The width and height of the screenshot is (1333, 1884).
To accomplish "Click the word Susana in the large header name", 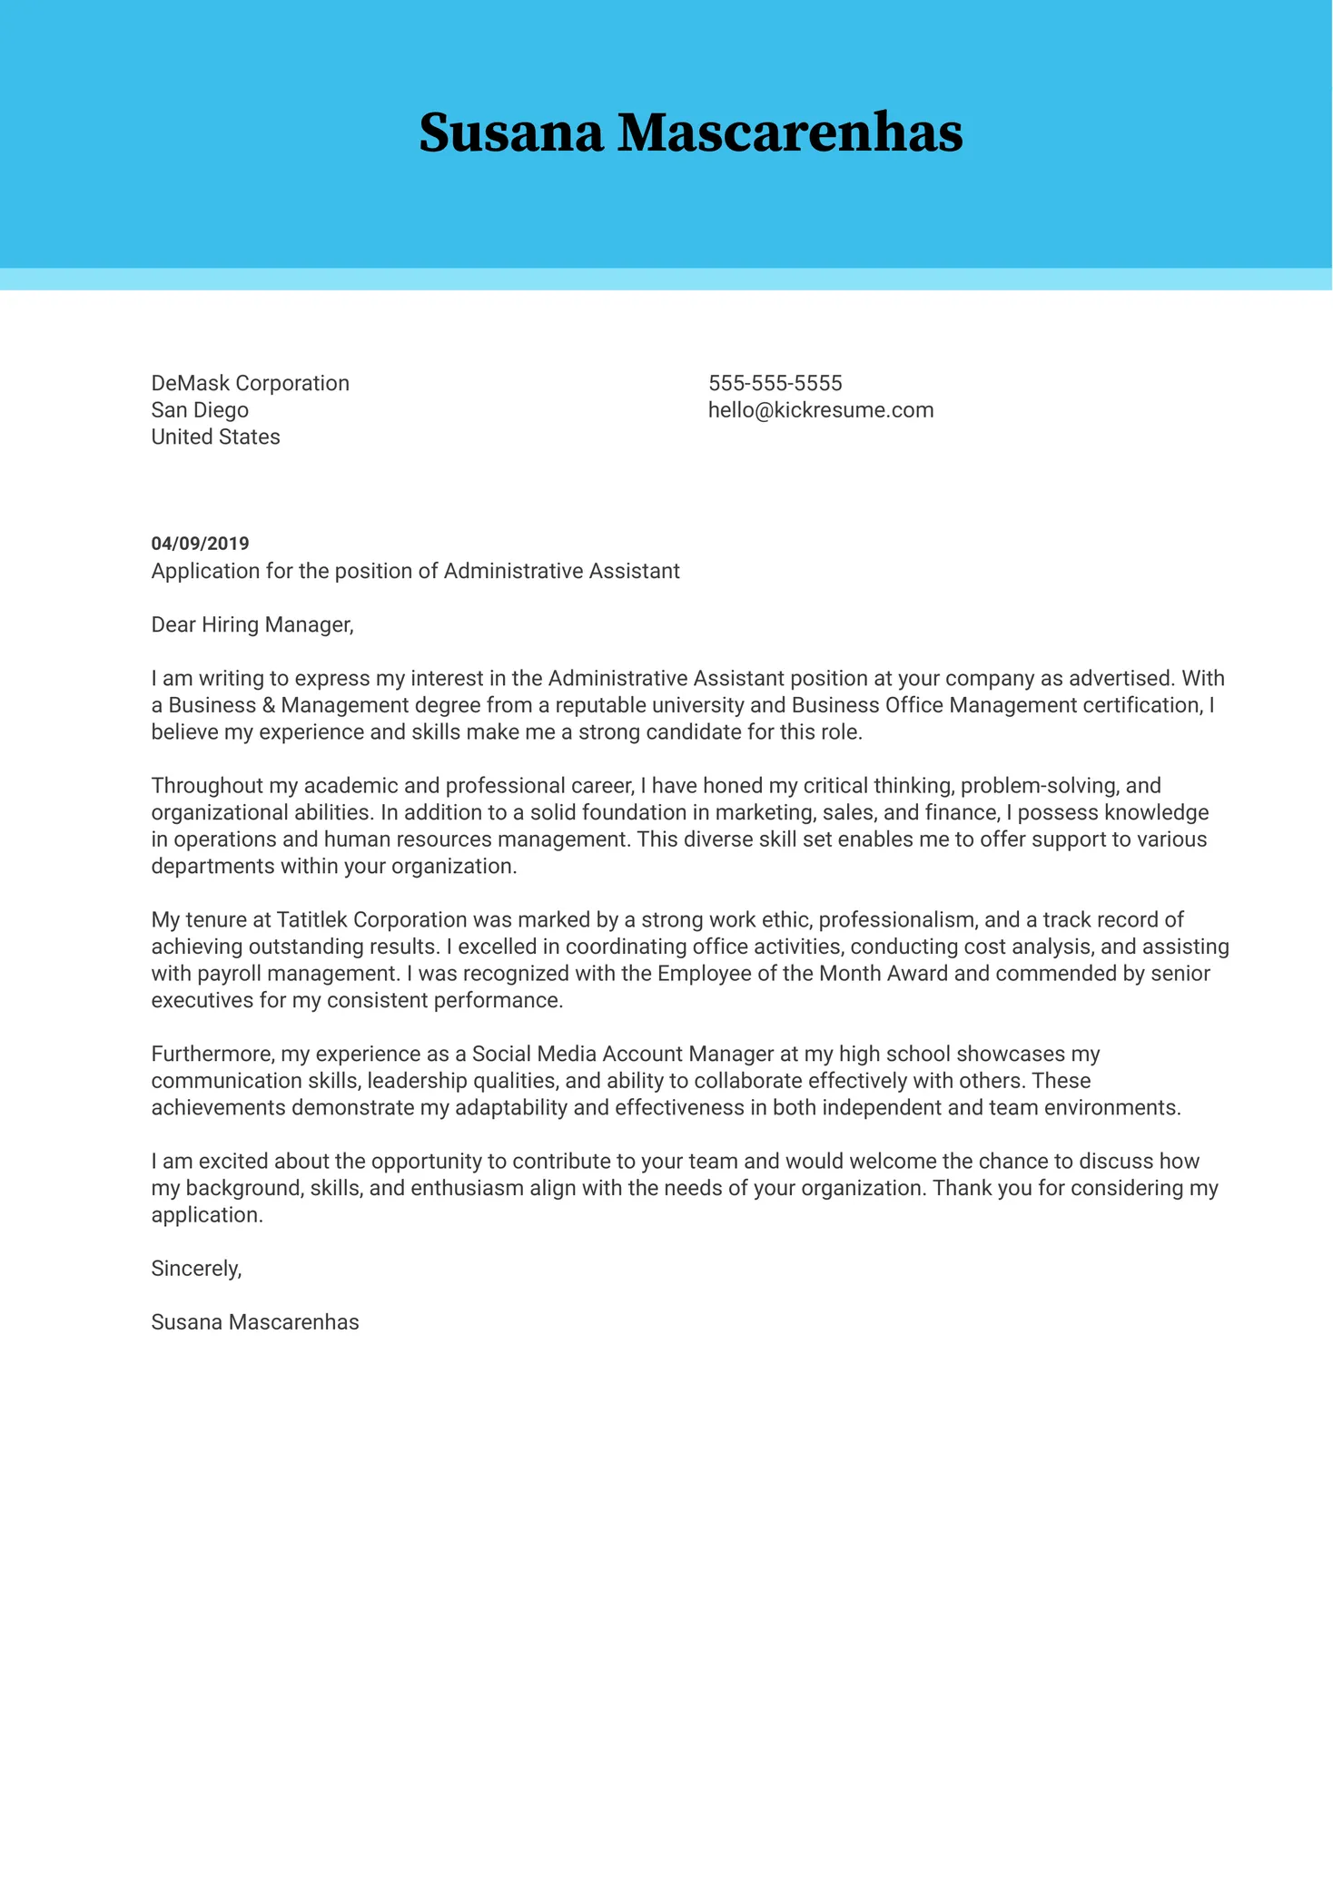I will click(510, 133).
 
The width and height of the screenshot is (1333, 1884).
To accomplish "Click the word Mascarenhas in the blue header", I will click(790, 133).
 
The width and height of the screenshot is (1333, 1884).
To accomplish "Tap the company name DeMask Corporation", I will click(250, 383).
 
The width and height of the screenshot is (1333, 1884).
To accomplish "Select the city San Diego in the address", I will click(200, 410).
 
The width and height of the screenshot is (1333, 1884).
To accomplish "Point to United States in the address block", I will click(215, 437).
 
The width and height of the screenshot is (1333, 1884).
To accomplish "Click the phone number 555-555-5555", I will click(775, 383).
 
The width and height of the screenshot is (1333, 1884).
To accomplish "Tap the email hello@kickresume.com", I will click(820, 410).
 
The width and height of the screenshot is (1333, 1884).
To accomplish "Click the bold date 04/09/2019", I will click(200, 544).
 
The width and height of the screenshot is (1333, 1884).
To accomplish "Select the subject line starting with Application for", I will click(415, 571).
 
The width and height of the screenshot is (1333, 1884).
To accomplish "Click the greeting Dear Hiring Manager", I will click(252, 624).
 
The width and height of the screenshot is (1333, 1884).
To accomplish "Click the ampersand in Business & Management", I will click(269, 705).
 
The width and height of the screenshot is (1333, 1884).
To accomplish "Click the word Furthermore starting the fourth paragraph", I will click(211, 1055).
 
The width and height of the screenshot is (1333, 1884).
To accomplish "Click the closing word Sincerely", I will click(196, 1269).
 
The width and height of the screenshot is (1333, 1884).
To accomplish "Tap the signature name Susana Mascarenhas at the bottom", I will click(254, 1322).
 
